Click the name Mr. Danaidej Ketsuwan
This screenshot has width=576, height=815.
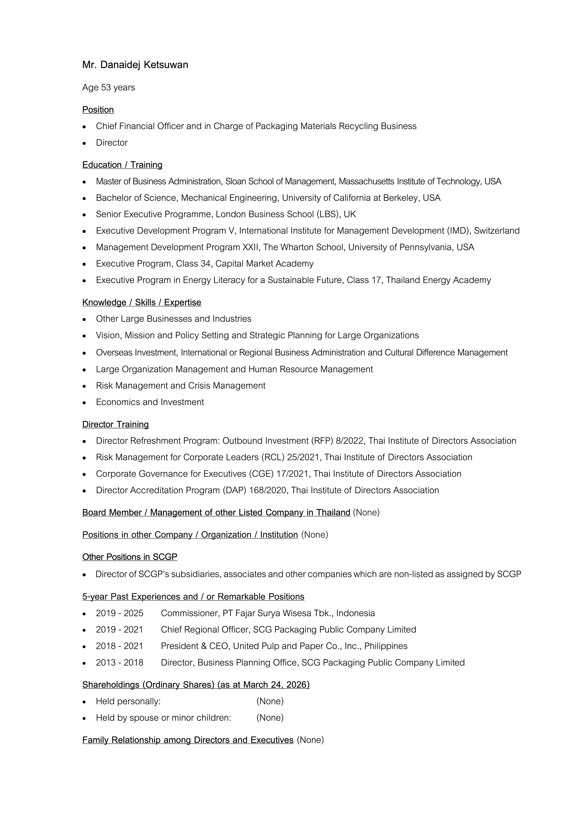pos(135,65)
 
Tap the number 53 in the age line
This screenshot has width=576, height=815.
pos(106,87)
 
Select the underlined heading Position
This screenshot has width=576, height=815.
pos(98,110)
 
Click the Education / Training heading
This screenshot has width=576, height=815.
pos(122,165)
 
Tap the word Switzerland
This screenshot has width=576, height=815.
pos(497,231)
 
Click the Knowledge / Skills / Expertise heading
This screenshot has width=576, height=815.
pos(141,302)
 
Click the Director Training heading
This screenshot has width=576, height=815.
pos(115,425)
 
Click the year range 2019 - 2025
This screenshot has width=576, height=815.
pos(120,613)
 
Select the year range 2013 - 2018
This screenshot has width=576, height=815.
pos(120,663)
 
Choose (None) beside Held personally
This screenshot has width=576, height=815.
pos(270,701)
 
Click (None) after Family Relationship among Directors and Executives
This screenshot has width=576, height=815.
pos(310,740)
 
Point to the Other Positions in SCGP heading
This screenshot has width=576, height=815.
pos(130,557)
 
